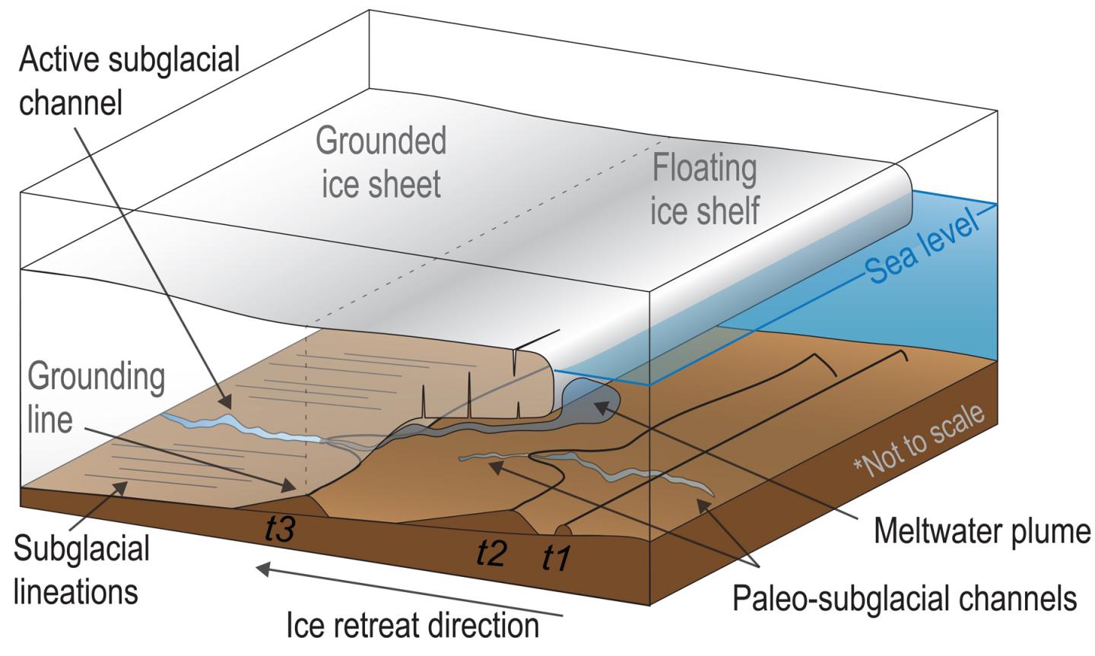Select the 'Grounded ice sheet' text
(380, 163)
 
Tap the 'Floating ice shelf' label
(704, 190)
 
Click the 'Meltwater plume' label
(982, 531)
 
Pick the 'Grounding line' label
(96, 398)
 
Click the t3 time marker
(279, 529)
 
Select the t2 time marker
(491, 553)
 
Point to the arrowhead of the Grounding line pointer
(289, 484)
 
